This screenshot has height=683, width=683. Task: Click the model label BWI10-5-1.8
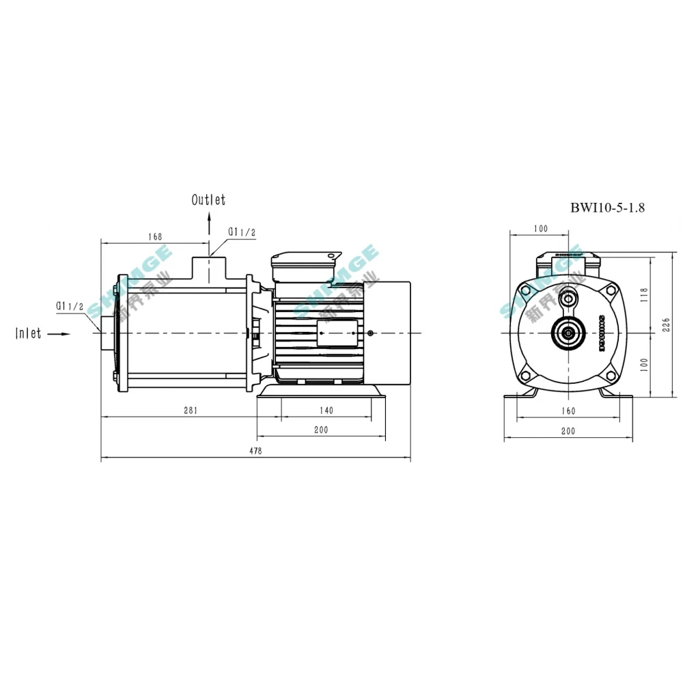(607, 208)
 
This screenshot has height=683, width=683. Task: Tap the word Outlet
(208, 200)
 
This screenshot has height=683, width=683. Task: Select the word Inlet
(29, 333)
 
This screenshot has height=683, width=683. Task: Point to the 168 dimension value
(154, 236)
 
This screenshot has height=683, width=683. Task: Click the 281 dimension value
(191, 410)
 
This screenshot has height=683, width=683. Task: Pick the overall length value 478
(255, 451)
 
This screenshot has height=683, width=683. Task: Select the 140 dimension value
(326, 410)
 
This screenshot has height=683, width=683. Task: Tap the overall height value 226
(667, 326)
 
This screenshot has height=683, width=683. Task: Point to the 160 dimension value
(568, 410)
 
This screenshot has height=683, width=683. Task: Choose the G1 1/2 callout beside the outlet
(242, 232)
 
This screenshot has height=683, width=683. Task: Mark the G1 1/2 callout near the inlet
(69, 306)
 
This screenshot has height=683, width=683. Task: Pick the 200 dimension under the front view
(568, 431)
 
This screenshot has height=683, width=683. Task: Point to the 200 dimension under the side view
(321, 430)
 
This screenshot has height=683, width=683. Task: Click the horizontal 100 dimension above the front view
(541, 229)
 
